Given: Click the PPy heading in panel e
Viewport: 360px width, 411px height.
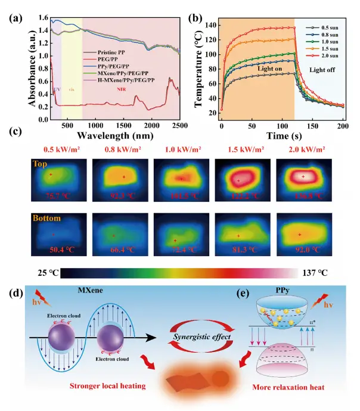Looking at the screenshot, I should (287, 291).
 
